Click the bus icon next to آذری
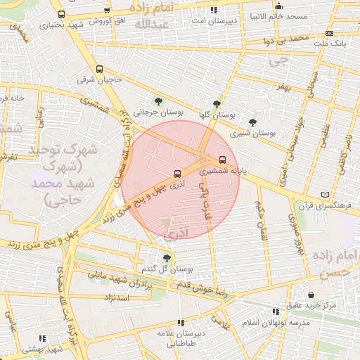pos(177,173)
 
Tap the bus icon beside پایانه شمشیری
pos(223,159)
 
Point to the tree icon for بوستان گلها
pos(217,103)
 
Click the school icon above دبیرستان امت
pos(214,10)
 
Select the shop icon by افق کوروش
pos(107,11)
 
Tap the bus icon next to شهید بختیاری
pos(62,14)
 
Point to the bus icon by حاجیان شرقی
pos(99,70)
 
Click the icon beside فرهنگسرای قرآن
pos(324,195)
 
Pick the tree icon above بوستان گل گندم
pos(167,258)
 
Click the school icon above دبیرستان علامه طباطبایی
pos(181,323)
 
